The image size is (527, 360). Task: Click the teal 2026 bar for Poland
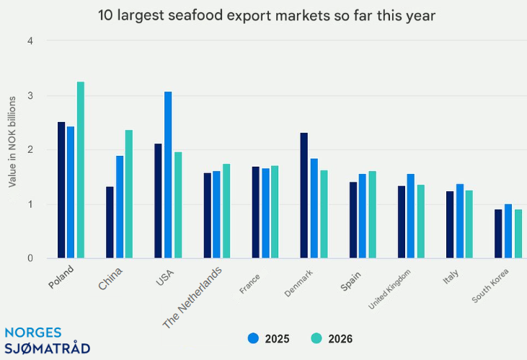click(81, 170)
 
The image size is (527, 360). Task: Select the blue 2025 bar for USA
click(168, 175)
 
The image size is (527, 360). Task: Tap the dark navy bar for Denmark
click(304, 195)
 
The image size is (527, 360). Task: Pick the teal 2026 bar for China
click(129, 193)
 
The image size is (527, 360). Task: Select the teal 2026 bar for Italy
click(469, 224)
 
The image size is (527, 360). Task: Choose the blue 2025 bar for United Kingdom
click(411, 216)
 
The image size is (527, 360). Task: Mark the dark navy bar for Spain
click(353, 220)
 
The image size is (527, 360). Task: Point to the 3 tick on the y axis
click(31, 95)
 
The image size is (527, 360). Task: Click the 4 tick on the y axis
click(31, 41)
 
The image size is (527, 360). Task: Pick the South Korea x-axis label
click(490, 287)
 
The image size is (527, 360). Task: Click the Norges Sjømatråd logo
click(47, 341)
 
